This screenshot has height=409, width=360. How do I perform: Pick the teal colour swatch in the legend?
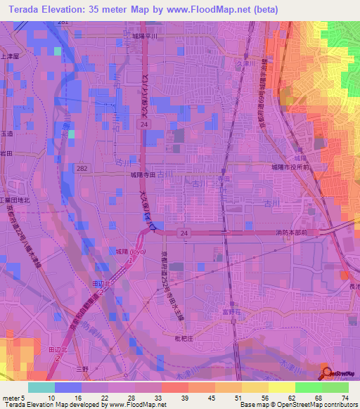pos(41,387)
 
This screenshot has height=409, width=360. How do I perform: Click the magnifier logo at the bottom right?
pos(328,372)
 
